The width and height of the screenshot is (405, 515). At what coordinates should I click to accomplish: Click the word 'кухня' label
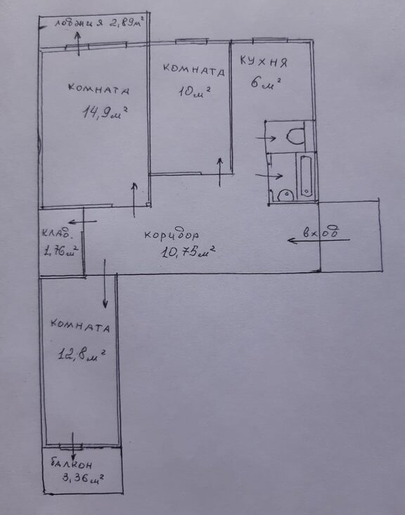click(x=263, y=61)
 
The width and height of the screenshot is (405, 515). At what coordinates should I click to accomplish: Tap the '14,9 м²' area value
click(x=105, y=112)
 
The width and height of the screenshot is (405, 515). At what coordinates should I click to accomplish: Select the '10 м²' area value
click(x=194, y=91)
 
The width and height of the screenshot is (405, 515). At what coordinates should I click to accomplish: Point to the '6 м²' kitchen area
click(x=266, y=83)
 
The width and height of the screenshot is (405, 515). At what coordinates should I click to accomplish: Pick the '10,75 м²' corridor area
click(x=188, y=252)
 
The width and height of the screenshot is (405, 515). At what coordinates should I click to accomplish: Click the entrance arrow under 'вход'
click(x=319, y=240)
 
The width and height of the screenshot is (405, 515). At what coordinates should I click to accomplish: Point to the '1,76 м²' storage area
click(x=60, y=252)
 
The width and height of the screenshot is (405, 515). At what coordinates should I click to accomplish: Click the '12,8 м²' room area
click(x=82, y=355)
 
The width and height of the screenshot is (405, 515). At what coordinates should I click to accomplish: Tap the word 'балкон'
click(x=72, y=464)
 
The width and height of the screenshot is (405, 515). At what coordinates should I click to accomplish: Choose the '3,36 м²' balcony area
click(x=83, y=478)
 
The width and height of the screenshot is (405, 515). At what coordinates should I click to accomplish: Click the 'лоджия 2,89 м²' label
click(x=100, y=23)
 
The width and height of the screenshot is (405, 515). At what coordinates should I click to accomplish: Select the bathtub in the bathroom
click(x=306, y=176)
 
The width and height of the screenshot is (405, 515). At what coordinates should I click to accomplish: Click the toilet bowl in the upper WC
click(x=297, y=136)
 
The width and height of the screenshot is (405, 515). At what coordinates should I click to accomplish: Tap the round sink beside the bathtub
click(x=285, y=196)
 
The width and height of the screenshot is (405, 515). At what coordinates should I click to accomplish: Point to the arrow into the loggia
click(x=78, y=44)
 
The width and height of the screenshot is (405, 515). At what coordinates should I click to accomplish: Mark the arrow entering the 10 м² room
click(x=220, y=172)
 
